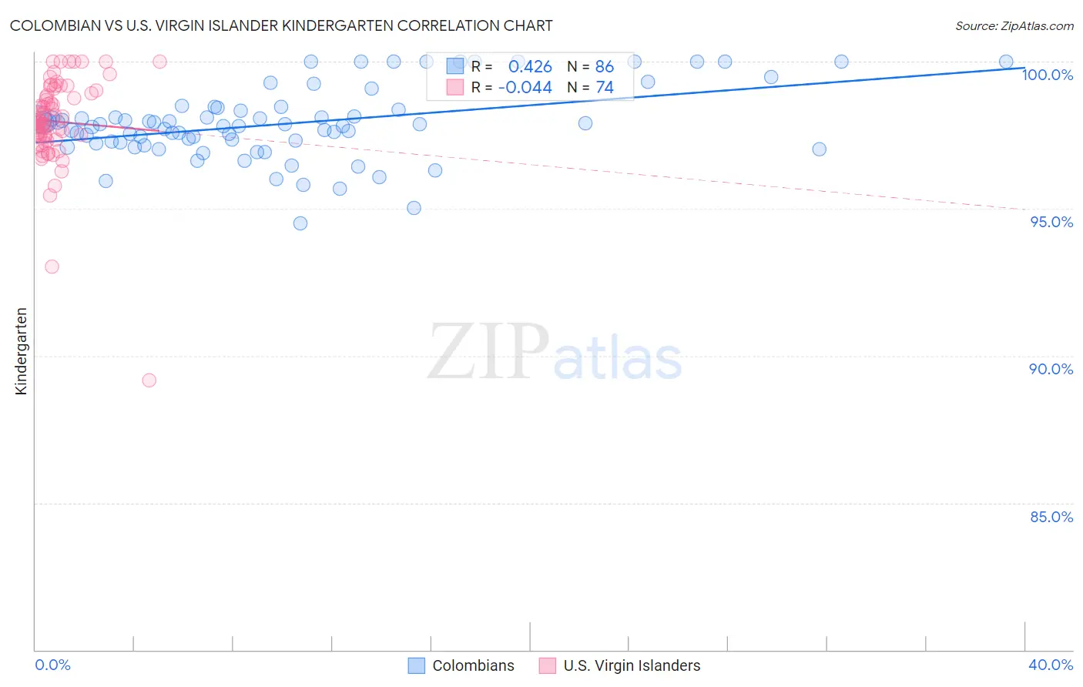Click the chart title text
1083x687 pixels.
[281, 25]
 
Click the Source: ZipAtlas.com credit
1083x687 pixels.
[1014, 25]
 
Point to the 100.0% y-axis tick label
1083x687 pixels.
[1047, 75]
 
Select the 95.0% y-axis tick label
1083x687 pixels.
[1051, 222]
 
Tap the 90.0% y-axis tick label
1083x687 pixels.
[1051, 369]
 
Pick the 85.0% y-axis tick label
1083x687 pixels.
[1051, 517]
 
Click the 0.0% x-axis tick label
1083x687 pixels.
[53, 665]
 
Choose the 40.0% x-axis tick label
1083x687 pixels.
[1051, 665]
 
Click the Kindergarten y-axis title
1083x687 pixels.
[21, 351]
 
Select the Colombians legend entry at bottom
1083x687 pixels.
[461, 665]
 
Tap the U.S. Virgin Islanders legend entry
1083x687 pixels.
[620, 665]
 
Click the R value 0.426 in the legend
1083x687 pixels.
[530, 67]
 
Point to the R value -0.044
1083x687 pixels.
[525, 88]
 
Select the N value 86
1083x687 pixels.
[604, 67]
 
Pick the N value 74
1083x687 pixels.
[604, 88]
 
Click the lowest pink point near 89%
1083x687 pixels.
[149, 380]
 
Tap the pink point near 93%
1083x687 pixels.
[52, 266]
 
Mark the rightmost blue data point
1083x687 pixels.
[1006, 62]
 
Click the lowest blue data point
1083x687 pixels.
[300, 223]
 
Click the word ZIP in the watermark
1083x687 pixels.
[488, 353]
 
